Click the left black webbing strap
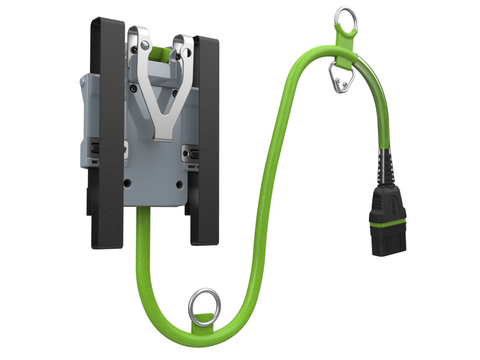click(x=107, y=132)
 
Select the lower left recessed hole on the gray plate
click(x=128, y=184)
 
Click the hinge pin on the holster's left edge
click(x=82, y=82)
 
